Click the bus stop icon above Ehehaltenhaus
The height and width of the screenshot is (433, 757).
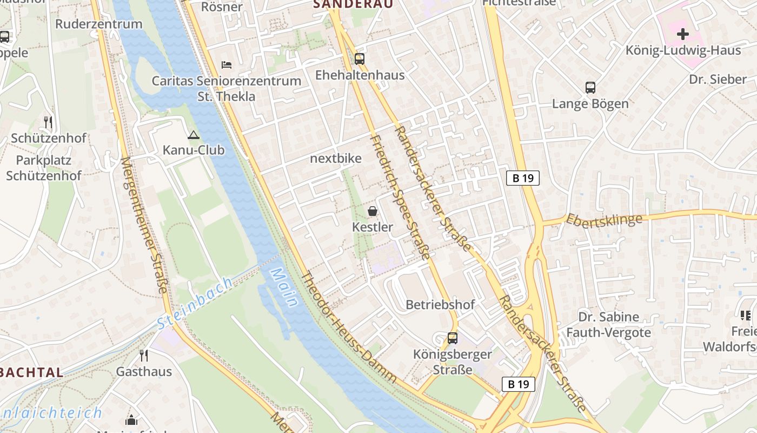[x=359, y=59]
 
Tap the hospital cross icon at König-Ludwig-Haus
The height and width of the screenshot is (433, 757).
[x=683, y=34]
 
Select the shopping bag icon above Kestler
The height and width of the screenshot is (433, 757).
[x=373, y=211]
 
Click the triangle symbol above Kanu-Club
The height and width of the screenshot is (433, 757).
[x=194, y=135]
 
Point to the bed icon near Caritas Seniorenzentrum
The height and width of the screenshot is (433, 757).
[x=227, y=65]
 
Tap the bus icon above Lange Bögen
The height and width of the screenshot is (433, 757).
[x=590, y=88]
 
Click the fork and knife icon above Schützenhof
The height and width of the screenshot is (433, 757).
[x=49, y=122]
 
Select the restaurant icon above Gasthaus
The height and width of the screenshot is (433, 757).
[x=144, y=356]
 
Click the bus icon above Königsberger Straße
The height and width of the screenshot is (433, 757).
[x=453, y=338]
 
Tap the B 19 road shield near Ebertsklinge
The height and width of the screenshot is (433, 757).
[x=523, y=178]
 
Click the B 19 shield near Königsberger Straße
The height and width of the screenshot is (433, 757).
[x=518, y=384]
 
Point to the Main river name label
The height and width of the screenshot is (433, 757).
[x=284, y=287]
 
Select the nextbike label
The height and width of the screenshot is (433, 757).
[x=336, y=159]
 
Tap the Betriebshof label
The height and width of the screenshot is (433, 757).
[x=440, y=305]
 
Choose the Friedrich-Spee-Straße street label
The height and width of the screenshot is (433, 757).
[x=400, y=198]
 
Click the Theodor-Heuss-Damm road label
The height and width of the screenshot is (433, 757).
[x=349, y=327]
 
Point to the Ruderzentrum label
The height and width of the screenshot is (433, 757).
[x=99, y=24]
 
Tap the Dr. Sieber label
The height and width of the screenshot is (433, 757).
[x=718, y=80]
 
